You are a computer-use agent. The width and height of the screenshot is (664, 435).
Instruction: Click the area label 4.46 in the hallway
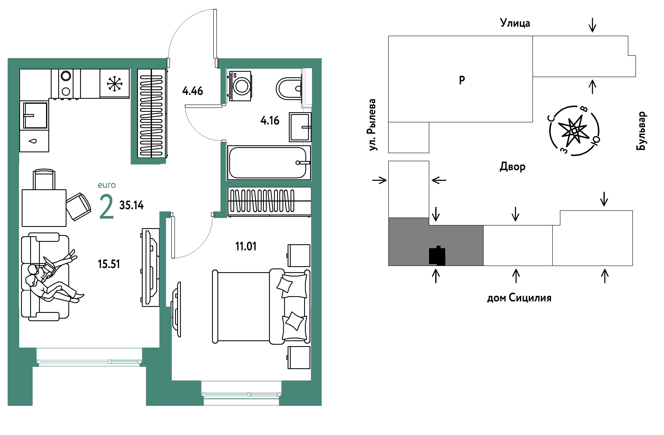click(x=192, y=91)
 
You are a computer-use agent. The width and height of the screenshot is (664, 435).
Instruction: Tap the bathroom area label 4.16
click(x=270, y=121)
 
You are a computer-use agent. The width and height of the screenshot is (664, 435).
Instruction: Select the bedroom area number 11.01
click(x=246, y=246)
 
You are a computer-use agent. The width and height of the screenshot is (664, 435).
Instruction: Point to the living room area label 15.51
click(x=109, y=264)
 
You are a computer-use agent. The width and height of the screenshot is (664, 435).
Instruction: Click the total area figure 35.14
click(x=131, y=205)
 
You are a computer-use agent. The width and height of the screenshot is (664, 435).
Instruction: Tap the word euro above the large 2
click(x=107, y=185)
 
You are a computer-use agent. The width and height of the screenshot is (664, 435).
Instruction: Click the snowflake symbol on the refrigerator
click(x=115, y=84)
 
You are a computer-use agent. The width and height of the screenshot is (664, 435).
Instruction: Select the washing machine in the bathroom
click(x=240, y=86)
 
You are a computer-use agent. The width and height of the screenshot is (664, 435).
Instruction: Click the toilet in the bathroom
click(x=289, y=88)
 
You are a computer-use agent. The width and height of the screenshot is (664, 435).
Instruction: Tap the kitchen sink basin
click(x=35, y=115)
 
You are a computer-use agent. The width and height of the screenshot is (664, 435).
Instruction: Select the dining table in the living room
click(x=44, y=208)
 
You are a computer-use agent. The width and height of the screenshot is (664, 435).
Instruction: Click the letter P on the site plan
click(x=462, y=80)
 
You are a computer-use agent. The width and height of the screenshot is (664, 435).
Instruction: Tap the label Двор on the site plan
click(x=512, y=167)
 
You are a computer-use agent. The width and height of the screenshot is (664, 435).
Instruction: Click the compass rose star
click(x=574, y=130)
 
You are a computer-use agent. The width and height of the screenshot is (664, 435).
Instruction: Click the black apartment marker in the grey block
click(x=437, y=255)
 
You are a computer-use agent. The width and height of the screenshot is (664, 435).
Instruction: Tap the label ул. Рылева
click(x=372, y=125)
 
